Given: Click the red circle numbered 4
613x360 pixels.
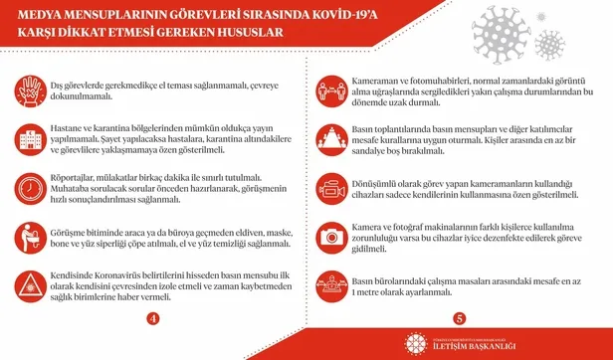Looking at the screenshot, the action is (152, 318).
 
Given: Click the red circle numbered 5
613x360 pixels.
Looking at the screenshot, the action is (459, 318).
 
